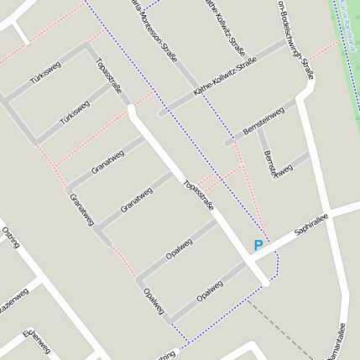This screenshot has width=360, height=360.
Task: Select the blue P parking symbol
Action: pos(258,246)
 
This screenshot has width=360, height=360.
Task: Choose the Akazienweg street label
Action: pos(12,304)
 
